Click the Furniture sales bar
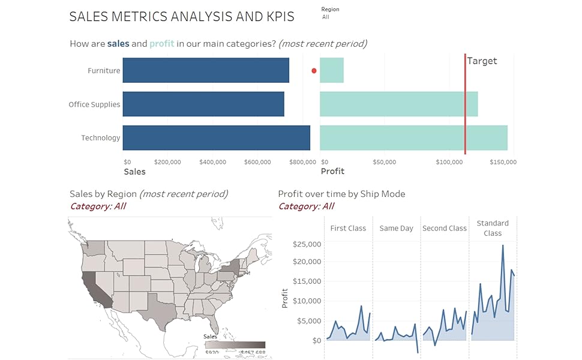206,70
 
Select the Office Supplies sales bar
203,104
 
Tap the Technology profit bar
413,138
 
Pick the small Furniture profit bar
332,70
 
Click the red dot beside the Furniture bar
314,71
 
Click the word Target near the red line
482,61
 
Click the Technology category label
101,138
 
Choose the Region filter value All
325,17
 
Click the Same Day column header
397,228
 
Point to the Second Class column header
445,228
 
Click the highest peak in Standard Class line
503,245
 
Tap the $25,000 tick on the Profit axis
307,244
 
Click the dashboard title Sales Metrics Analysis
182,17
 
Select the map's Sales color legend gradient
235,345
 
